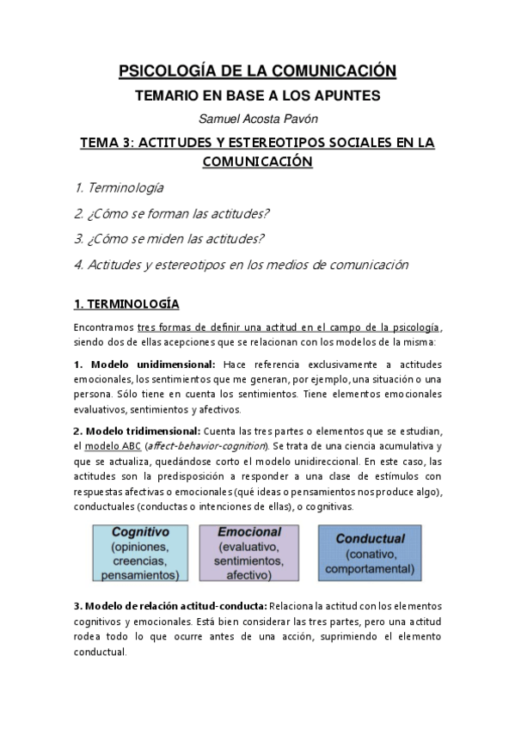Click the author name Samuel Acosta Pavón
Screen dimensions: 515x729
pos(257,119)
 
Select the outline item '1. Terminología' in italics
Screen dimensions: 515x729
pos(119,187)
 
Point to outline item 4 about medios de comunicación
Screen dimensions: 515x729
pos(240,264)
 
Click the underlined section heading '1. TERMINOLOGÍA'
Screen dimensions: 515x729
pos(126,303)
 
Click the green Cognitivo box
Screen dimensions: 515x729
pos(140,554)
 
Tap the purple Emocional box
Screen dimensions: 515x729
pos(249,554)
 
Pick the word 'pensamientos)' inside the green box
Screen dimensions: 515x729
pos(140,574)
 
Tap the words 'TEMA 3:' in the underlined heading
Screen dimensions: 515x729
pos(104,143)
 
